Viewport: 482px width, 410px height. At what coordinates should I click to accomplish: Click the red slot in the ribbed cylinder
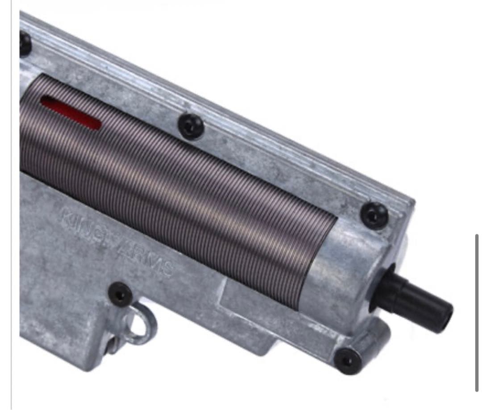coord(71,113)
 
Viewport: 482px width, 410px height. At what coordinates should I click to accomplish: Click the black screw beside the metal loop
coord(120,294)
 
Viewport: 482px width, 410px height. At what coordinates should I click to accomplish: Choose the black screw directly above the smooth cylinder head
coord(374,216)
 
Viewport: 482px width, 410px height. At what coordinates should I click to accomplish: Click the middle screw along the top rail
coord(191,126)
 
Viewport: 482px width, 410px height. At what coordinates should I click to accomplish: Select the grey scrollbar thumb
coord(477,312)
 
